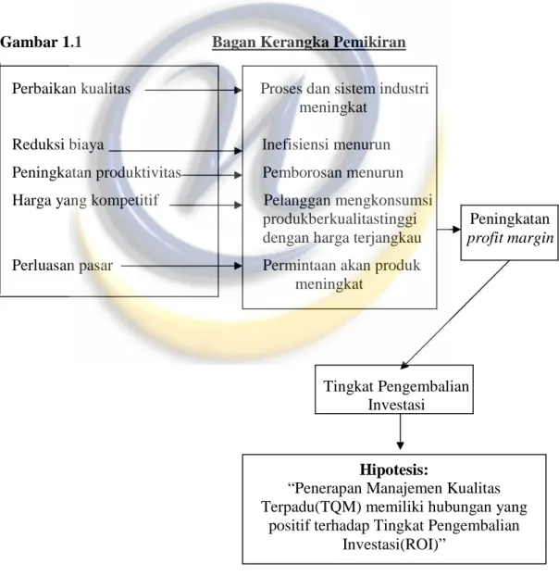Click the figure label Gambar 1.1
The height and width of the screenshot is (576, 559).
[x=41, y=43]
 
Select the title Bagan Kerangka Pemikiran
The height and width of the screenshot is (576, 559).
[x=309, y=43]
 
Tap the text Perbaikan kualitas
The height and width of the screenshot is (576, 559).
[x=71, y=89]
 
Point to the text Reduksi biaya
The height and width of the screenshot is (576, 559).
[x=58, y=144]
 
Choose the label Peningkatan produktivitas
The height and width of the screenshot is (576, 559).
[x=96, y=172]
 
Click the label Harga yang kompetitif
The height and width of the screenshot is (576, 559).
[x=85, y=201]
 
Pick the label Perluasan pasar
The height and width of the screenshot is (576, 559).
[x=62, y=265]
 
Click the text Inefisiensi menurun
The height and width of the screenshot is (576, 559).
[x=326, y=144]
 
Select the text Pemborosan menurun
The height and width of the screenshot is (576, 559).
[x=332, y=172]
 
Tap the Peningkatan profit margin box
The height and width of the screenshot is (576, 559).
[x=509, y=232]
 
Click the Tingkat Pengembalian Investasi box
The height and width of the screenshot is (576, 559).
[x=394, y=389]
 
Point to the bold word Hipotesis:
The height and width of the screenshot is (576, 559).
[x=394, y=470]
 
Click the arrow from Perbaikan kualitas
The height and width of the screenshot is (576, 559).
[x=193, y=90]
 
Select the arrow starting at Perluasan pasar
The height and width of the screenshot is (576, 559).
[x=181, y=266]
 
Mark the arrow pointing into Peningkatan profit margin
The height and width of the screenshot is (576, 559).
[x=449, y=230]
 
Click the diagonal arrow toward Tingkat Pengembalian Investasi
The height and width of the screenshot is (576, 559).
[x=455, y=315]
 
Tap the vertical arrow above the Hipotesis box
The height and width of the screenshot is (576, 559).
[x=400, y=432]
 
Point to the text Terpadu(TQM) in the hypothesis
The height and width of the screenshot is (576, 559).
[x=311, y=507]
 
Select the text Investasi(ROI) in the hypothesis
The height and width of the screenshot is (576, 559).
[x=391, y=545]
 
